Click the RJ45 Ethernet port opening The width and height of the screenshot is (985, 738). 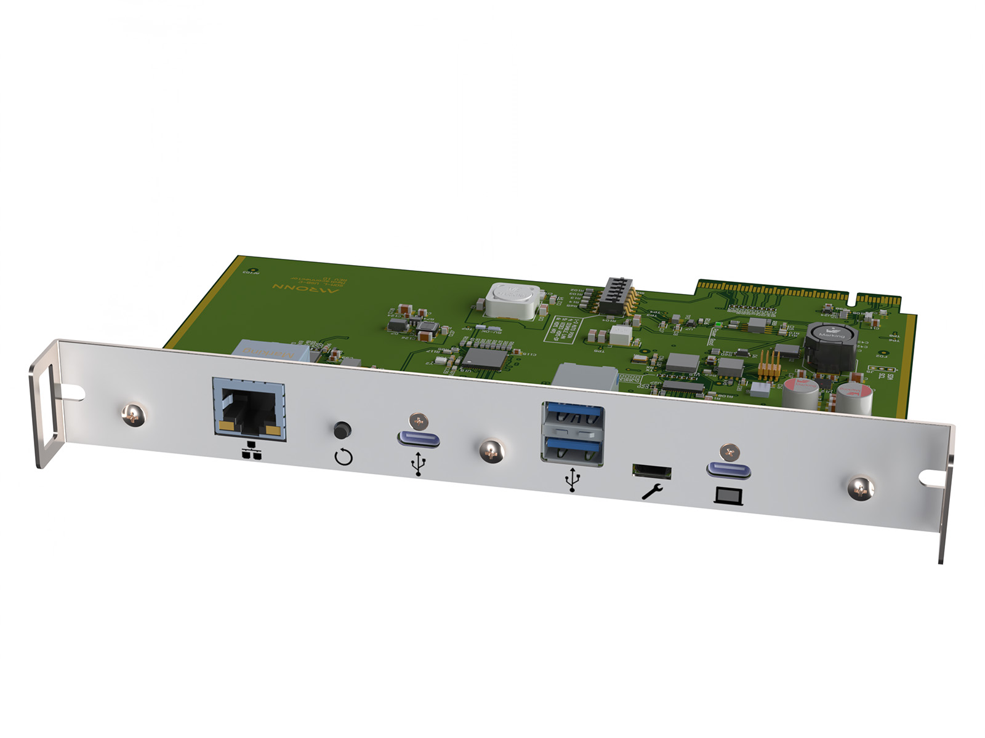[248, 408]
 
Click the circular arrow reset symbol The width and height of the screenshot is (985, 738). [344, 458]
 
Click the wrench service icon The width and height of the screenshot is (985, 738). [652, 491]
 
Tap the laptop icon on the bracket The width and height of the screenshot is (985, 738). [728, 496]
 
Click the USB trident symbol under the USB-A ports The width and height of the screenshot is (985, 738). [573, 480]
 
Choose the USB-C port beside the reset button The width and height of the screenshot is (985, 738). [419, 439]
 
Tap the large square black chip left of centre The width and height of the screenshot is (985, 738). [486, 357]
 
